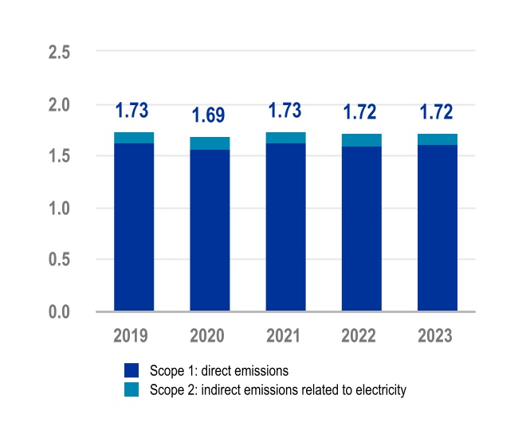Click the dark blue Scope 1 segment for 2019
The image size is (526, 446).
coord(134,227)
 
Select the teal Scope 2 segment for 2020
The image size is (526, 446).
coord(210,143)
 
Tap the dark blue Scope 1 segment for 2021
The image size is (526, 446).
coord(285,227)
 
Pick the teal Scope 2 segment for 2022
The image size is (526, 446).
coord(361,140)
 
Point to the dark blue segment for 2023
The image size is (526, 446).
coord(438,228)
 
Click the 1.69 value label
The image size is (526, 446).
coord(209,115)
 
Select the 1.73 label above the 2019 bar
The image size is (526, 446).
coord(133,111)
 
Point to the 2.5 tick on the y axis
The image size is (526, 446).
coord(60,53)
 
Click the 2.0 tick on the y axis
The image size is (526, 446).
coord(60,104)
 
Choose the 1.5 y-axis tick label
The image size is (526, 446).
coord(60,156)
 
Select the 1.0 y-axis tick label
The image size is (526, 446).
coord(60,209)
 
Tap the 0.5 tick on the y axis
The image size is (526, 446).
coord(60,260)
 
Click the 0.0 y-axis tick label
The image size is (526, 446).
coord(60,311)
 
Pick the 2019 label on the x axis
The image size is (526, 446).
coord(133,335)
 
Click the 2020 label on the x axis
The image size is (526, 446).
coord(209,335)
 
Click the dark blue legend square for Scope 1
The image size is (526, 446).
coord(131,370)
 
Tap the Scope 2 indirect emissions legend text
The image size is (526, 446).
coord(277,389)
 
